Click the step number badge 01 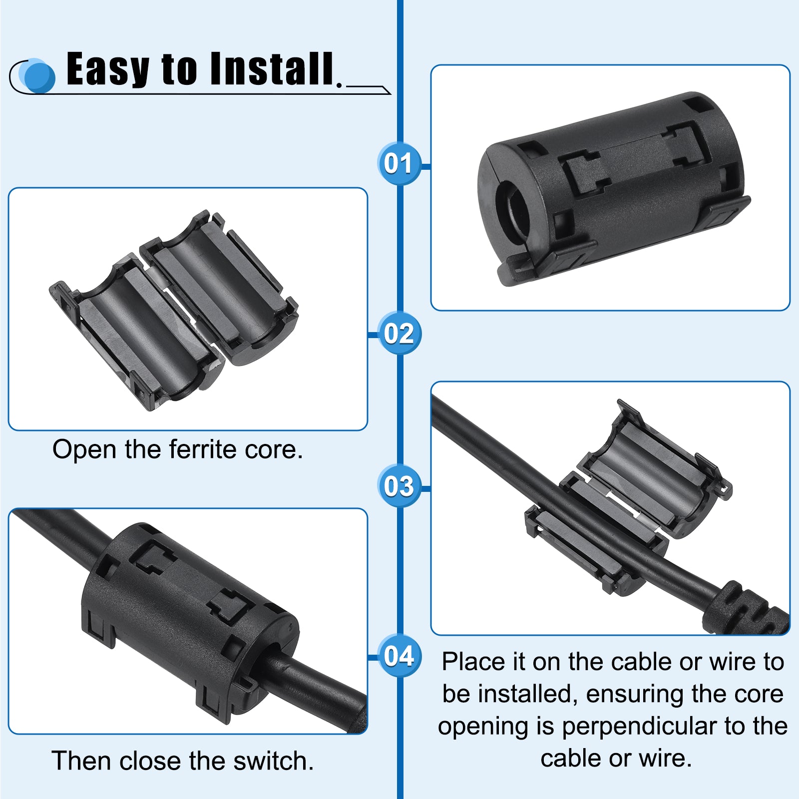399,163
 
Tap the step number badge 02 399,334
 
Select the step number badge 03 399,486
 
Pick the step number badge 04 399,656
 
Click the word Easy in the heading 108,70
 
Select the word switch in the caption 270,761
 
